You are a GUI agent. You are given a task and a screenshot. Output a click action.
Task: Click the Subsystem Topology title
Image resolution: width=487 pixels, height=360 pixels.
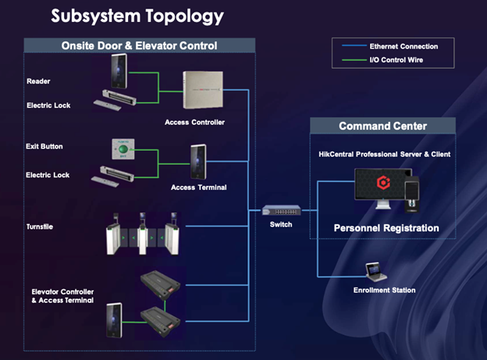coord(137,16)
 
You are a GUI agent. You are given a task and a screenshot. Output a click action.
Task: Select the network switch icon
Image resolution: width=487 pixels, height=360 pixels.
coord(278,210)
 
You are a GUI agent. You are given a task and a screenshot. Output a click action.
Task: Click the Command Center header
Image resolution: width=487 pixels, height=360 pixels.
coord(382,127)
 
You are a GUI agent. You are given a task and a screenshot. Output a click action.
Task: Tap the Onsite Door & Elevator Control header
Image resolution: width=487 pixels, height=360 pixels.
coord(139,46)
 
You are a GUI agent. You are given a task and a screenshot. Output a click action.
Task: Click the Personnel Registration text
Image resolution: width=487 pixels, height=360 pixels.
coord(386,228)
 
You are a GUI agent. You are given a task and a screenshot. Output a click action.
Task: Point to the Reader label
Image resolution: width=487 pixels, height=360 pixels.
coord(38,80)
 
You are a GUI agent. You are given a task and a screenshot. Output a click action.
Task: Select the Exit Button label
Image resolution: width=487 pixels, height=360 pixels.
coord(44,146)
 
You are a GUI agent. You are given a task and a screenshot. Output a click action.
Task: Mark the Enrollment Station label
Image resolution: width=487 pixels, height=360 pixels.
coord(384,290)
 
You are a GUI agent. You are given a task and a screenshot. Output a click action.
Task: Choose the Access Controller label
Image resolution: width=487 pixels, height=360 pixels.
coord(194,122)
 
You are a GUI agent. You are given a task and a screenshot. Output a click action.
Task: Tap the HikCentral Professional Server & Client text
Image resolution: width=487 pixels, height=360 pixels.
coord(384,154)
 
